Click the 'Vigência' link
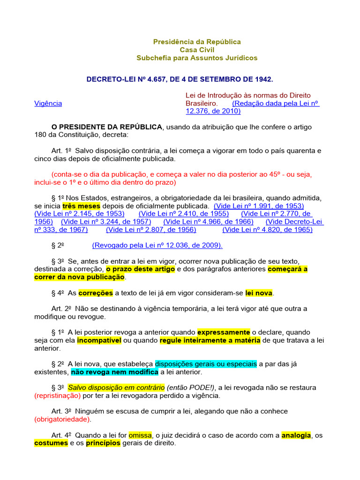tap(48, 103)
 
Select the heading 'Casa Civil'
tap(197, 50)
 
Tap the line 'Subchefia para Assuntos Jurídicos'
tap(197, 58)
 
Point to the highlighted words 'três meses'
tap(79, 206)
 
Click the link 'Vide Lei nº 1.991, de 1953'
tap(259, 206)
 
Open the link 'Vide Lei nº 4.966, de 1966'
tap(208, 221)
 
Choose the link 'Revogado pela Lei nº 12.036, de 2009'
tap(157, 245)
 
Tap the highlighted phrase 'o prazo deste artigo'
tap(141, 269)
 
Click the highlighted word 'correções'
tap(96, 293)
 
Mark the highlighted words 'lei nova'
tap(259, 293)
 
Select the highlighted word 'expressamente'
tap(224, 332)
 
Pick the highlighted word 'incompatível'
tap(99, 340)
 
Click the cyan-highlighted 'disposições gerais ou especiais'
tap(206, 364)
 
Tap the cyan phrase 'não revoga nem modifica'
tap(114, 372)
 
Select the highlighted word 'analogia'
tap(296, 435)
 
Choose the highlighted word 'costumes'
tap(52, 443)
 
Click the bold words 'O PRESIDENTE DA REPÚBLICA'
tap(107, 127)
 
